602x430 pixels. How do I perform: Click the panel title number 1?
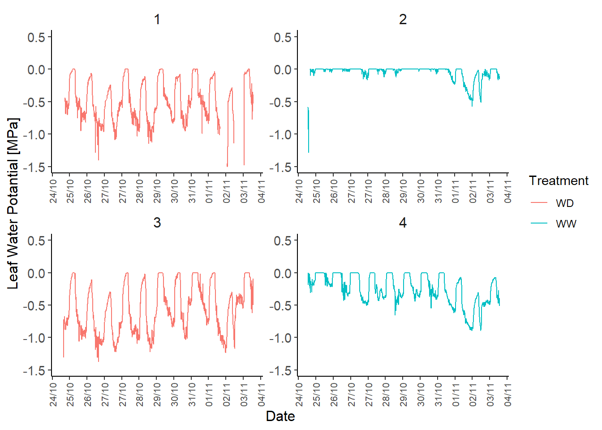[x=157, y=19]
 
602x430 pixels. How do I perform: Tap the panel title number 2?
[x=403, y=19]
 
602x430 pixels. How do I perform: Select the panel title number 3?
[x=157, y=223]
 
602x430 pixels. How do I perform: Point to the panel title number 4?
[x=403, y=223]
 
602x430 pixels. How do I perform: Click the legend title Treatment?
[x=558, y=181]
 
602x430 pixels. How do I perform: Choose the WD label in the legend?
[x=564, y=203]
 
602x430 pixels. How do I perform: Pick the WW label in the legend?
[x=566, y=224]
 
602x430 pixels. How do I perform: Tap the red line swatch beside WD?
[x=539, y=203]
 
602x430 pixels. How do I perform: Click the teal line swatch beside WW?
[x=539, y=224]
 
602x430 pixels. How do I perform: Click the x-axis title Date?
[x=280, y=416]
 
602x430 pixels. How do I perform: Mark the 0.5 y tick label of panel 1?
[x=36, y=37]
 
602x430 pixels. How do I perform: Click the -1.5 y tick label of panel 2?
[x=280, y=168]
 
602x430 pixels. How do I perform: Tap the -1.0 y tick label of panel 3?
[x=34, y=338]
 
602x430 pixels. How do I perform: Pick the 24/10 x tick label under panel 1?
[x=53, y=192]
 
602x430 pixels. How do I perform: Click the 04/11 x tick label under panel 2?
[x=507, y=192]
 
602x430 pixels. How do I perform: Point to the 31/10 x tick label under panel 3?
[x=192, y=395]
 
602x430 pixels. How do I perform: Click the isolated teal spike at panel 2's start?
[x=308, y=130]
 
